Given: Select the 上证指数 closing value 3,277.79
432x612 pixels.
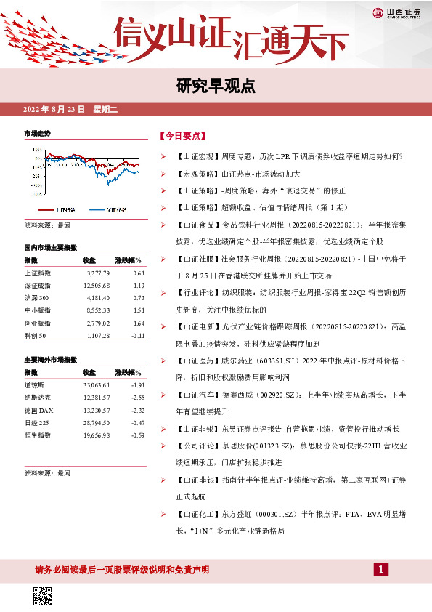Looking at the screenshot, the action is (x=96, y=273).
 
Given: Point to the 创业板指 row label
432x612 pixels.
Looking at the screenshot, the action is (x=38, y=323).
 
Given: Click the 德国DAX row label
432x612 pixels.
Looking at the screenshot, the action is (x=38, y=411).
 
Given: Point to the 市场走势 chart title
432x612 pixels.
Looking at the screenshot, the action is (x=38, y=134).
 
